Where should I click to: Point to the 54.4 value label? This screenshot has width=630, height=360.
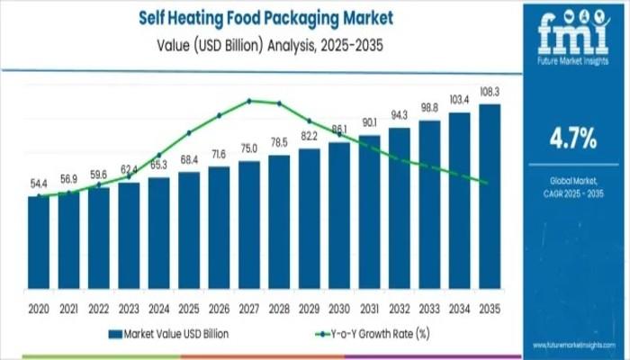coord(39,184)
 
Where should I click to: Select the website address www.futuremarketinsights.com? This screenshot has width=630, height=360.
coord(575,345)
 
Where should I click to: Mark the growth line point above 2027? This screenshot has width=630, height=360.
coord(249,100)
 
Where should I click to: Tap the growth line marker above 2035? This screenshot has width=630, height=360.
coord(487,183)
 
